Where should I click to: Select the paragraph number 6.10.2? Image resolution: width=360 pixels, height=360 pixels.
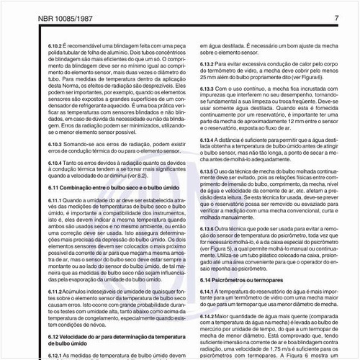pyautogui.click(x=27, y=44)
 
